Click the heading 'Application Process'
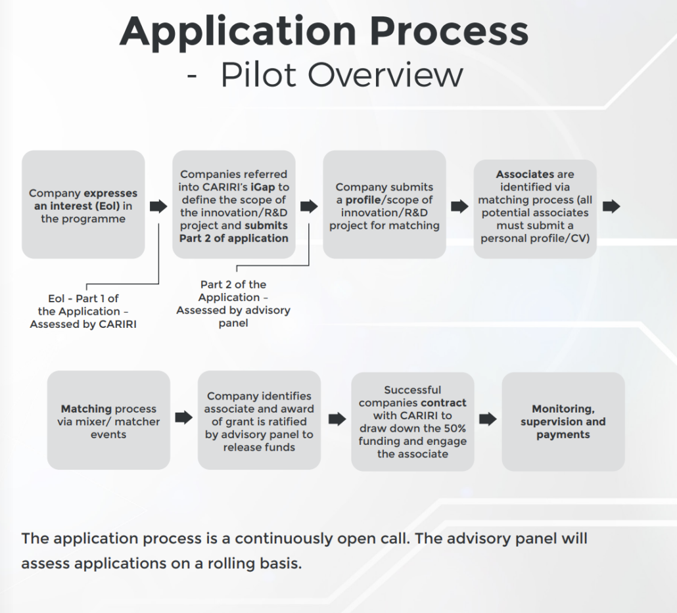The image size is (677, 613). [324, 30]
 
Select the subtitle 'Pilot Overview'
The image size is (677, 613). [341, 75]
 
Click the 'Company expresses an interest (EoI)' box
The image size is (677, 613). [83, 205]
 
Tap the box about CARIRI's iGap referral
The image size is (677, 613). [233, 206]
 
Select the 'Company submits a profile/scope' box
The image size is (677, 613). [384, 206]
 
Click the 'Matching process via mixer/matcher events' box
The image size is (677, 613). [108, 420]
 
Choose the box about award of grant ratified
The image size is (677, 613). [259, 421]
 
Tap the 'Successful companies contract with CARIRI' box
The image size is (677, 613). [412, 421]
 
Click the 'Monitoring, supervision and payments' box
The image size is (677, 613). [563, 421]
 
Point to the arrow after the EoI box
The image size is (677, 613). [158, 206]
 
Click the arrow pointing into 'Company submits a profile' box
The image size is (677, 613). [309, 206]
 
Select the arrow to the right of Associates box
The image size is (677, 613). [611, 206]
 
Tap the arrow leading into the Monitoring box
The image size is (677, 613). [488, 419]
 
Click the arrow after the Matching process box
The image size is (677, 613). [184, 418]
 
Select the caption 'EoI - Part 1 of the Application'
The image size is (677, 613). [83, 311]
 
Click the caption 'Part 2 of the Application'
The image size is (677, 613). [233, 304]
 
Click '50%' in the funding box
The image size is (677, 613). [454, 428]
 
